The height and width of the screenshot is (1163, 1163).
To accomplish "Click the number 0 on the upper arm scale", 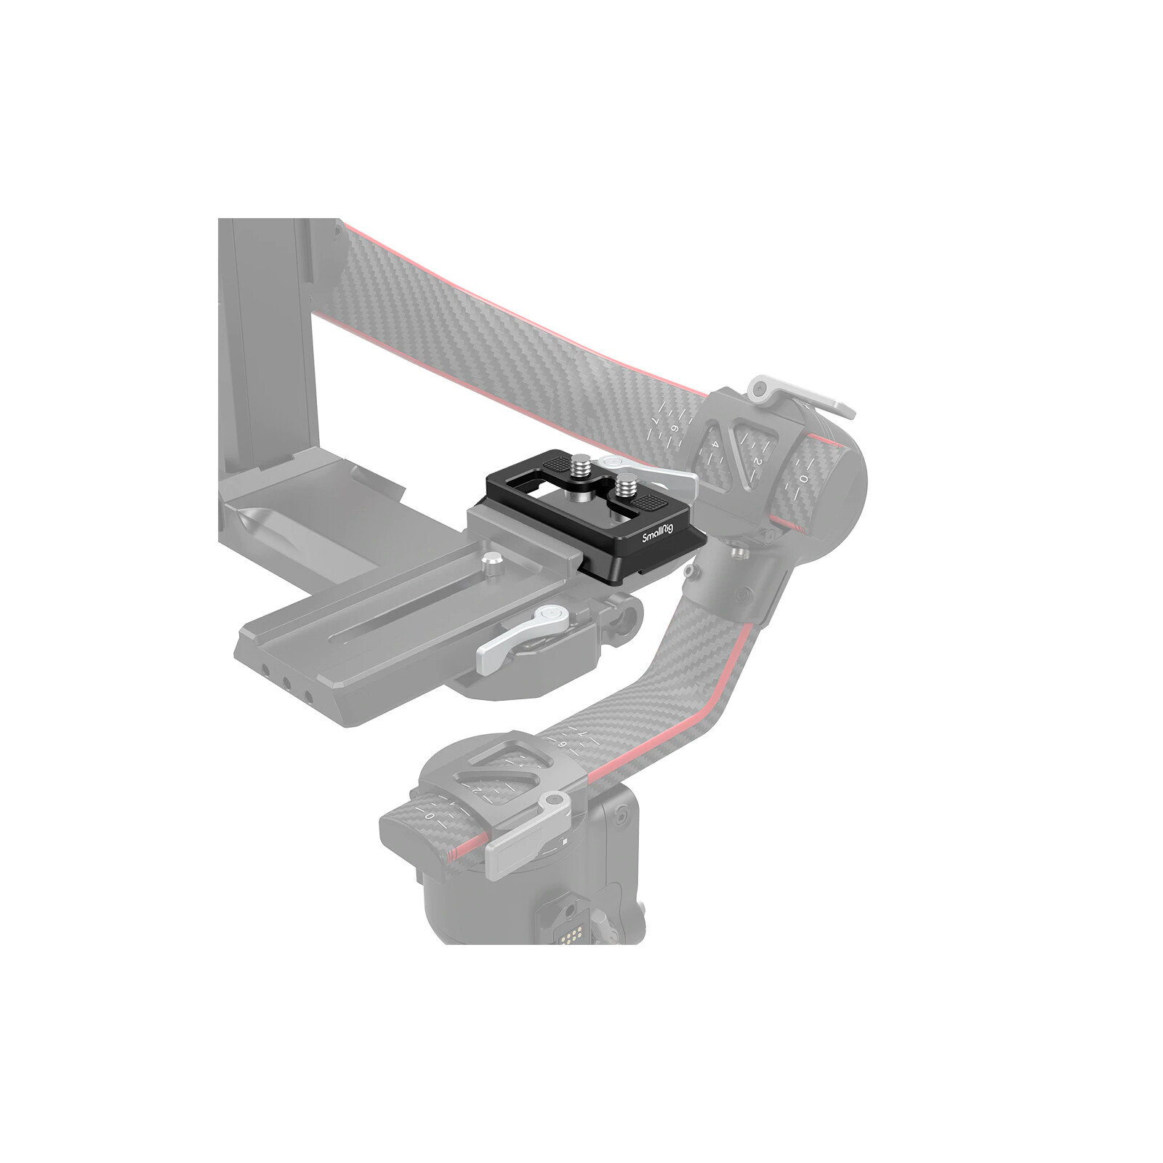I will (802, 479).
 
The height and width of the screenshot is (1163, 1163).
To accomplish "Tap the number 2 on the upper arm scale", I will (756, 460).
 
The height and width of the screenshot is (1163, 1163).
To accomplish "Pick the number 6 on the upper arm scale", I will (673, 430).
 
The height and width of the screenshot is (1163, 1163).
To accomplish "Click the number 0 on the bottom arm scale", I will (430, 816).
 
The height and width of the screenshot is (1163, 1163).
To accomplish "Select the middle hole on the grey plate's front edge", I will (290, 685).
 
